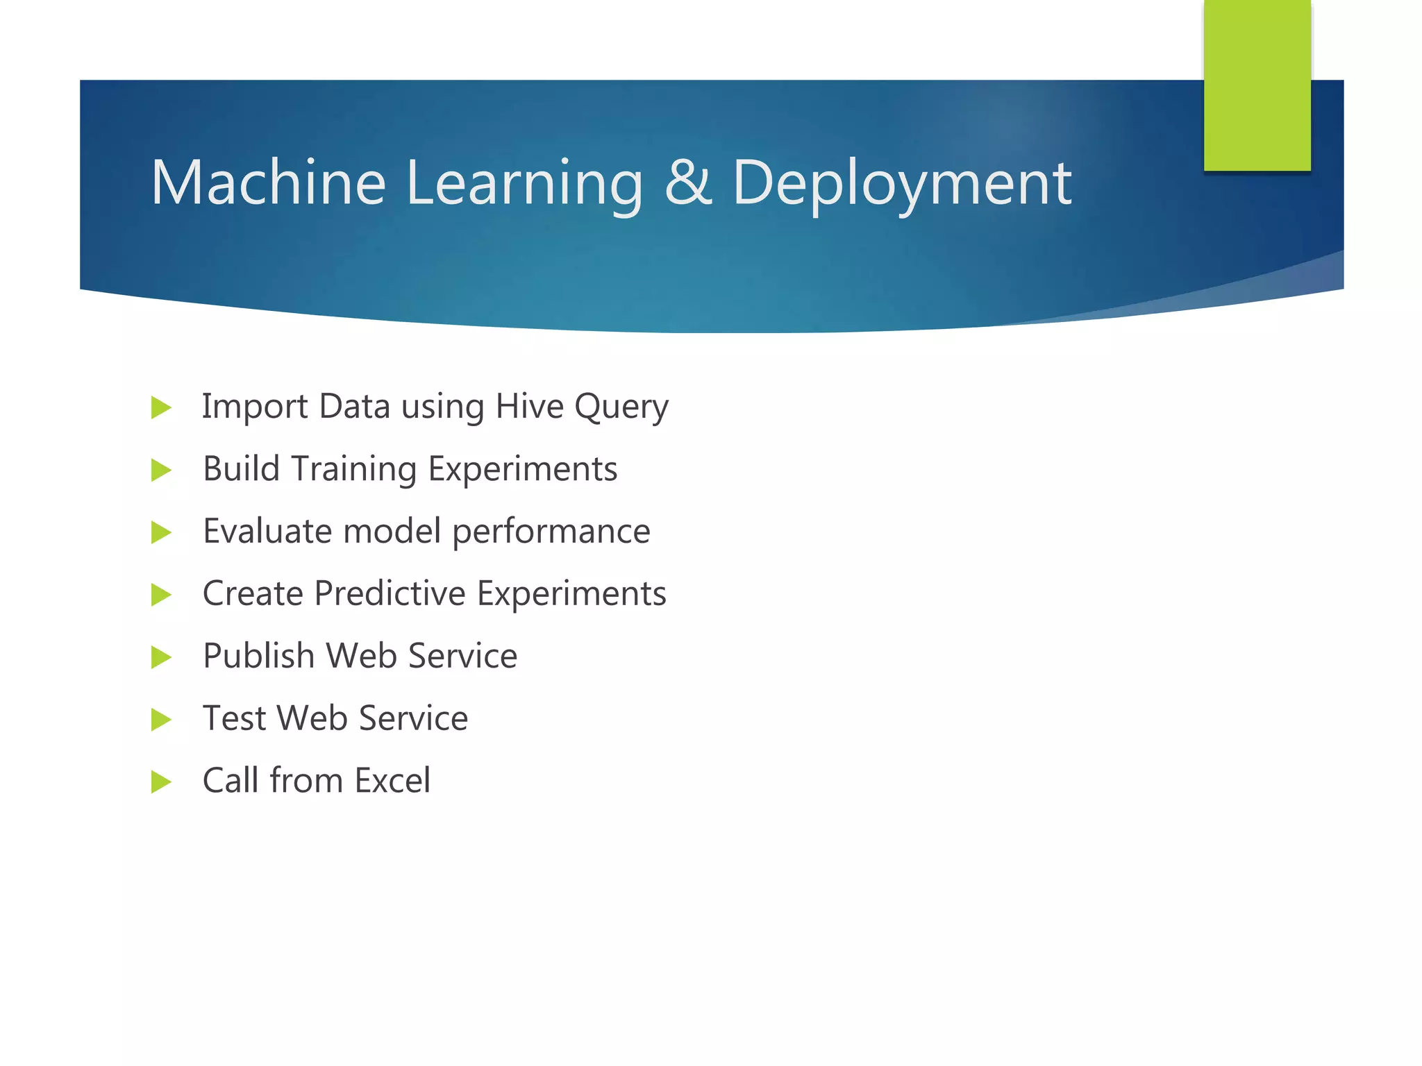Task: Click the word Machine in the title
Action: (x=268, y=183)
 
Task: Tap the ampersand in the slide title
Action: (x=688, y=183)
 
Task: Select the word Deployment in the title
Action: (x=901, y=184)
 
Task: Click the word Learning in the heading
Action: (x=525, y=184)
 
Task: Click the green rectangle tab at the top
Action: (x=1257, y=85)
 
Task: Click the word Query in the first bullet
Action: (x=621, y=408)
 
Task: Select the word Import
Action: (x=254, y=408)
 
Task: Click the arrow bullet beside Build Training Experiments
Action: (x=160, y=470)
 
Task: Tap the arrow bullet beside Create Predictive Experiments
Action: (x=160, y=595)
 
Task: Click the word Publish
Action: (x=258, y=657)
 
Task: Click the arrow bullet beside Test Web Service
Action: (x=160, y=720)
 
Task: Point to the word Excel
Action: (x=392, y=781)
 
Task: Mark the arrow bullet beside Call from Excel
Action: (x=160, y=782)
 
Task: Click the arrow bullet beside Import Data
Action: (x=160, y=407)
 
